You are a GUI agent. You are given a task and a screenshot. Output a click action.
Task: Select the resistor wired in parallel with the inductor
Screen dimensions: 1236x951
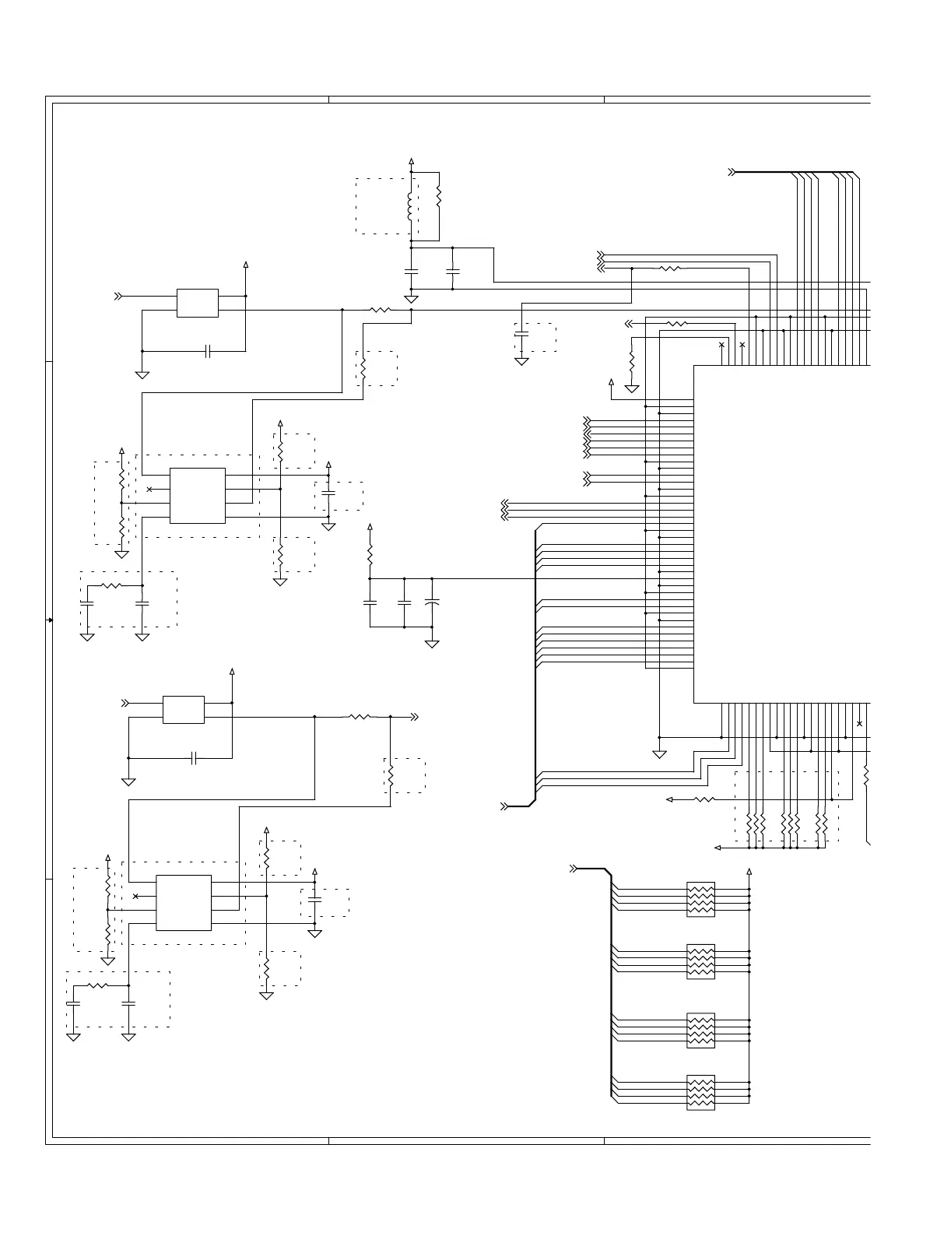point(439,196)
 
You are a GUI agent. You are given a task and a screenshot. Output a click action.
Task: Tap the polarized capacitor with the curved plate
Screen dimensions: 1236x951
point(432,602)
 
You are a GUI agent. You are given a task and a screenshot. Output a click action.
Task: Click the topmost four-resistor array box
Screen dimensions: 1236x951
point(700,899)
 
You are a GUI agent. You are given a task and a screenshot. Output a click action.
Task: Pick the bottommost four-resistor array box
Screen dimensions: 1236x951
point(700,1092)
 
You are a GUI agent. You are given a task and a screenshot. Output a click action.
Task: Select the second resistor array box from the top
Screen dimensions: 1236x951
point(700,961)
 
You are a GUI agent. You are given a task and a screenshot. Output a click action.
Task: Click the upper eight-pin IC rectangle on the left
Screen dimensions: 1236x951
point(198,496)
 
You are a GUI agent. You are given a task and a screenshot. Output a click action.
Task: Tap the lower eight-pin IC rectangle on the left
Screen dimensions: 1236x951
point(184,903)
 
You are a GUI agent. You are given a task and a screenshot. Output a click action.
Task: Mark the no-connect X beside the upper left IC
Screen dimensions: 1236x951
point(149,490)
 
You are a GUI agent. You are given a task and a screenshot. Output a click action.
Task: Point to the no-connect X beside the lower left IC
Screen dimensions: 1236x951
point(135,897)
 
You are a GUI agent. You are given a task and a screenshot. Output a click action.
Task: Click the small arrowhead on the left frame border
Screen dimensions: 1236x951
point(50,620)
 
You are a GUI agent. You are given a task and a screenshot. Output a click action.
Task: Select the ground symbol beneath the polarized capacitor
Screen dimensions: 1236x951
point(432,644)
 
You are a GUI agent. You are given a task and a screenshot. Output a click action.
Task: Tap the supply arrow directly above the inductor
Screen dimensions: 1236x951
point(411,162)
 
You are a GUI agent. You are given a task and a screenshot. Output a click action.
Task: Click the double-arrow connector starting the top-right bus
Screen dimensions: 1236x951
point(732,172)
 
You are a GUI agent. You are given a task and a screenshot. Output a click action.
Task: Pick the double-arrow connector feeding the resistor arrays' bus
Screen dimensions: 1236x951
point(574,868)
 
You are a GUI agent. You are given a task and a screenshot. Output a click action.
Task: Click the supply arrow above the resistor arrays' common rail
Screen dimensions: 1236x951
point(749,872)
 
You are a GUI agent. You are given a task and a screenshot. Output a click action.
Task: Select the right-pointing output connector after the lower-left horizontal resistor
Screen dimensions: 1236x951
point(415,717)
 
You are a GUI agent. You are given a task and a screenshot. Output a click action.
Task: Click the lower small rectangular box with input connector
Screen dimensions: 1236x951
point(184,710)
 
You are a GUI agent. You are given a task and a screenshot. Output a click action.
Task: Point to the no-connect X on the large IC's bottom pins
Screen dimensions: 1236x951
point(859,724)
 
